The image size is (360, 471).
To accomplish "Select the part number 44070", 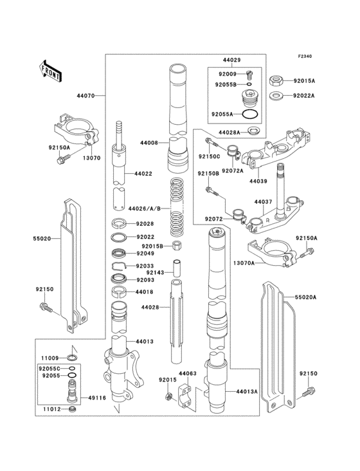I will coord(85,95).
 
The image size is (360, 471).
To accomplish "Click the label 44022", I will coord(143,174).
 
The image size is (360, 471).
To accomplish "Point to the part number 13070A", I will coord(261,263).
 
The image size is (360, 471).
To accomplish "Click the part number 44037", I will coord(262,202).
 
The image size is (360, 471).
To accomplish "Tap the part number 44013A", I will coord(246,391).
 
